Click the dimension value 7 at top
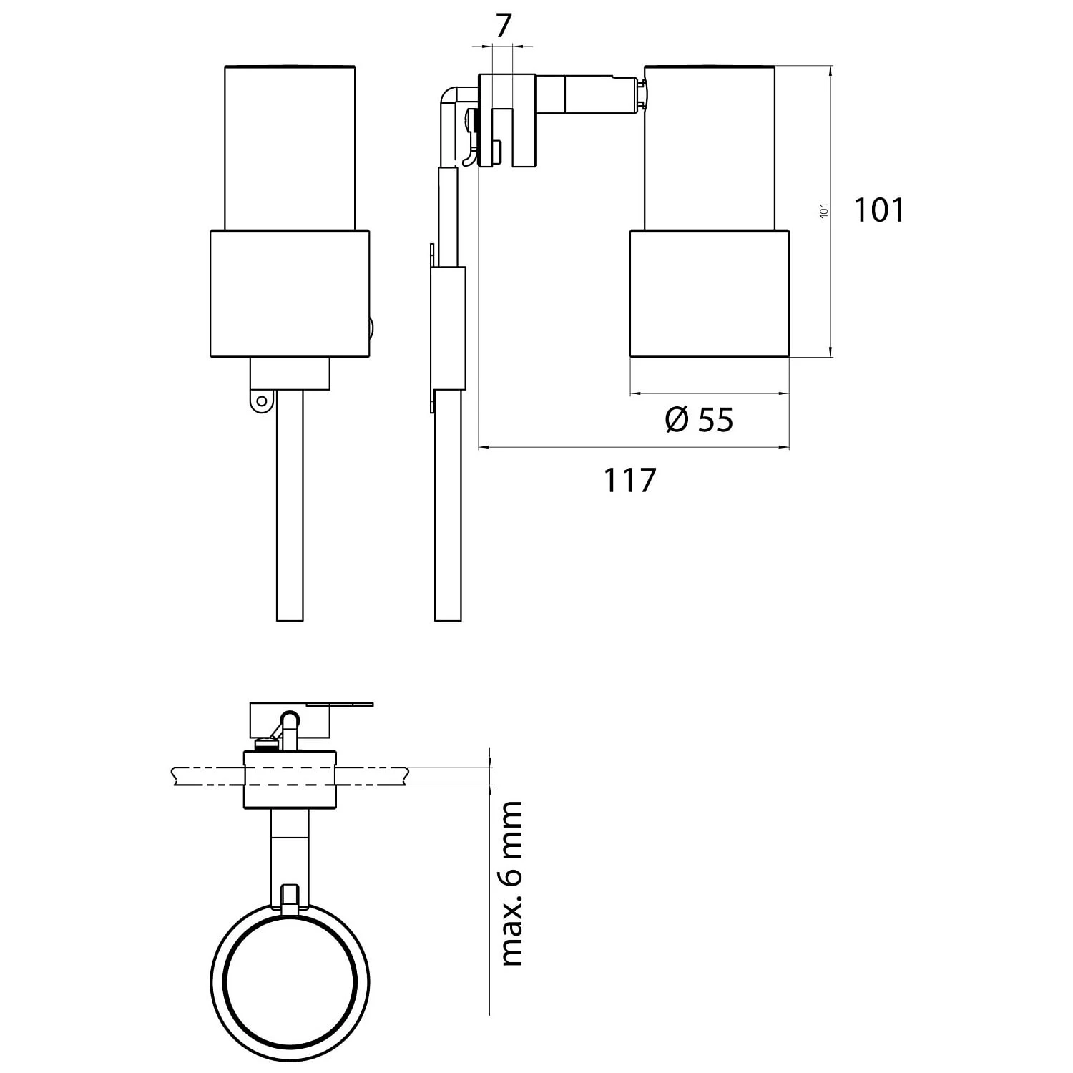(x=504, y=26)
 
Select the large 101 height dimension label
(x=879, y=210)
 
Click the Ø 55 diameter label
(x=699, y=420)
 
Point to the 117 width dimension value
(x=629, y=480)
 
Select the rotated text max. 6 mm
(x=512, y=884)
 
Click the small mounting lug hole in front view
(x=263, y=401)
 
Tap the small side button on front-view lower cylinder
(x=371, y=329)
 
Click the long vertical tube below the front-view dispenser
(x=290, y=508)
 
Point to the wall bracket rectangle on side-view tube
(x=449, y=328)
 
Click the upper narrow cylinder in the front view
(x=290, y=147)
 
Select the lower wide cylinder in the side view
(x=710, y=293)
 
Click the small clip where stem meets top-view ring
(x=290, y=898)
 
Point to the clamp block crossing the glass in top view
(x=290, y=780)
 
